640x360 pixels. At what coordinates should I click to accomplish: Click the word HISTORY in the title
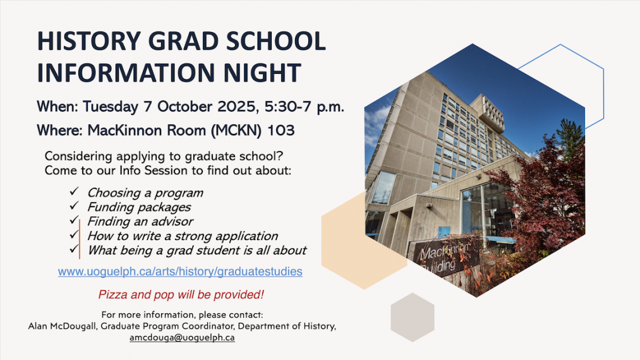89,41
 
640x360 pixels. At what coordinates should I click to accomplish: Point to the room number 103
281,130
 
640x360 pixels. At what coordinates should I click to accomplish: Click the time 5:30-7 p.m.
305,107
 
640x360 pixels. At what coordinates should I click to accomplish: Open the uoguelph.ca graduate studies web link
180,272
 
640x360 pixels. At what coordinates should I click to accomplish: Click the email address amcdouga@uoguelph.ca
182,337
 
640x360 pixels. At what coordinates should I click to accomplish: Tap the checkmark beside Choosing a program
74,191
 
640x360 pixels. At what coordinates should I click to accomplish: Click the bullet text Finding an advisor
140,221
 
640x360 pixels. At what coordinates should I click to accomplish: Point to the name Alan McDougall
63,326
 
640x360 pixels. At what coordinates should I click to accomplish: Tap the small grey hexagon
413,317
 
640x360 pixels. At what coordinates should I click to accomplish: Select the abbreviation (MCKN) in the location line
236,131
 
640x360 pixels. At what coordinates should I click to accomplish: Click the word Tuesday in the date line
110,107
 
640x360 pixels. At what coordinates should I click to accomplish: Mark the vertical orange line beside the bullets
80,239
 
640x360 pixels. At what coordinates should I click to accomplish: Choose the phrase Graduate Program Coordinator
167,326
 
